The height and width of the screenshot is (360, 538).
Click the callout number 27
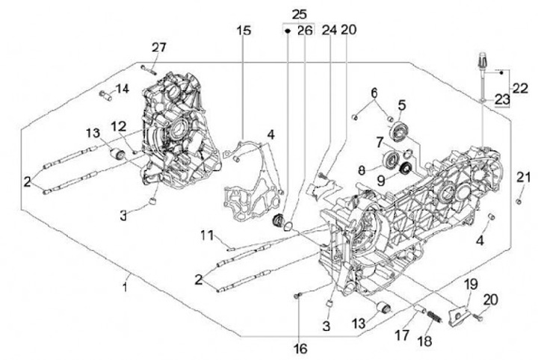158,47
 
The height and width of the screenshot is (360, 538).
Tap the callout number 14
122,88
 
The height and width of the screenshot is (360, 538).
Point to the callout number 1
126,286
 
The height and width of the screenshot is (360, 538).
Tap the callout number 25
299,14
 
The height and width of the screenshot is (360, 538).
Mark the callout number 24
329,31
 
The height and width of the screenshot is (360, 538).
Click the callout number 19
470,284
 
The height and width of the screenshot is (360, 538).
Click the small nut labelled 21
519,201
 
